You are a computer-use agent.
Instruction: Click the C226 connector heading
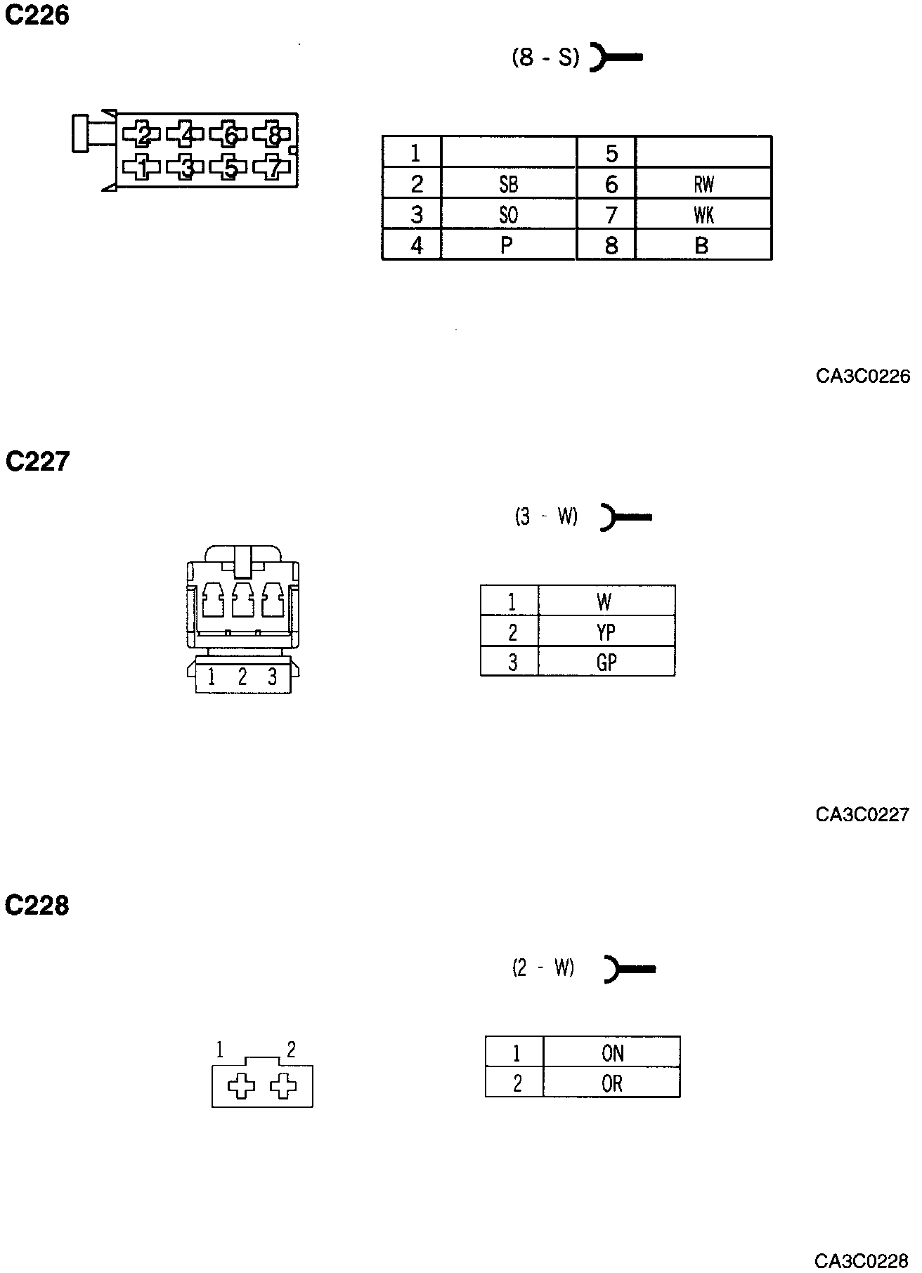(x=37, y=15)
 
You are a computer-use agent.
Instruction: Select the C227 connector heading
(x=37, y=462)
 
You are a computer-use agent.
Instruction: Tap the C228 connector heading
(x=37, y=906)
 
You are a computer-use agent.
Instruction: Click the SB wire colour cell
(x=508, y=184)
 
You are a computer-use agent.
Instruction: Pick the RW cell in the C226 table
(x=703, y=184)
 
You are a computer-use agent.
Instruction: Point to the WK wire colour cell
(x=703, y=215)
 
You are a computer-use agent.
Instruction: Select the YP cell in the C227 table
(x=606, y=632)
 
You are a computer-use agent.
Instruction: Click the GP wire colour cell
(x=606, y=662)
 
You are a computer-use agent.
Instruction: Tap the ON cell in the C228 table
(x=612, y=1053)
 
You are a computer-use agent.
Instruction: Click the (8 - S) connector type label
(x=545, y=57)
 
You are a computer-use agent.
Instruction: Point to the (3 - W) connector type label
(x=546, y=517)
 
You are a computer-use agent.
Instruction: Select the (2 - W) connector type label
(x=543, y=968)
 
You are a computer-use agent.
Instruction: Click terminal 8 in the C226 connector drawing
(x=274, y=133)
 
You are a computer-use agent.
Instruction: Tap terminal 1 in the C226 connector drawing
(x=142, y=167)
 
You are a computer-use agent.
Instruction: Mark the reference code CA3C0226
(x=862, y=377)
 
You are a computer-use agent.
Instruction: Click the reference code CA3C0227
(x=862, y=815)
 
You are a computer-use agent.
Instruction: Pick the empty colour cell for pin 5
(x=703, y=152)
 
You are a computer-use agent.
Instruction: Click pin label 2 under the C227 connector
(x=242, y=677)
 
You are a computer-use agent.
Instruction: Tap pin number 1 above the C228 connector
(x=220, y=1050)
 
